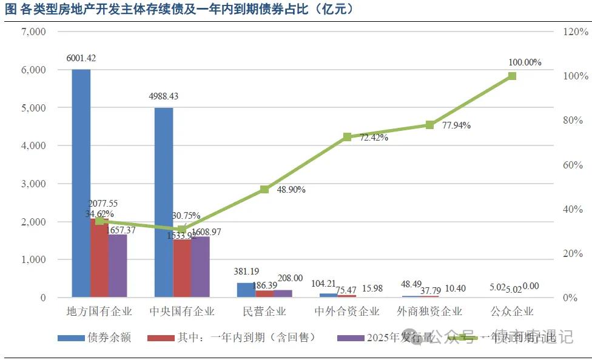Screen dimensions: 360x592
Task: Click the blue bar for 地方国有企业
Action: [x=81, y=182]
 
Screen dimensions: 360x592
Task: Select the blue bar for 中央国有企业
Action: [x=164, y=203]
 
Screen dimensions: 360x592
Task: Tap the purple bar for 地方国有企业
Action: [x=118, y=267]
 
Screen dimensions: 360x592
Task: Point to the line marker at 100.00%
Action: [x=512, y=76]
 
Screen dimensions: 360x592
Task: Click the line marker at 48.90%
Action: [x=264, y=190]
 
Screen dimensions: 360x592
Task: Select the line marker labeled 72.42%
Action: [x=347, y=137]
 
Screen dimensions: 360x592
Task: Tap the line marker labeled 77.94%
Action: [x=429, y=125]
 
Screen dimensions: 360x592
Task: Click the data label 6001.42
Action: [x=81, y=58]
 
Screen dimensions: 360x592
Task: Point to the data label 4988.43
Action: [x=164, y=96]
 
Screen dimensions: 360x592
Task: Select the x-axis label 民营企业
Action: [x=264, y=312]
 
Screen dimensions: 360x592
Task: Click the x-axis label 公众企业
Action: [x=512, y=312]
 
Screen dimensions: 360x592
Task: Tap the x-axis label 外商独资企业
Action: [x=429, y=312]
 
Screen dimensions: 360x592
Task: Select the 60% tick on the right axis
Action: [x=573, y=165]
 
